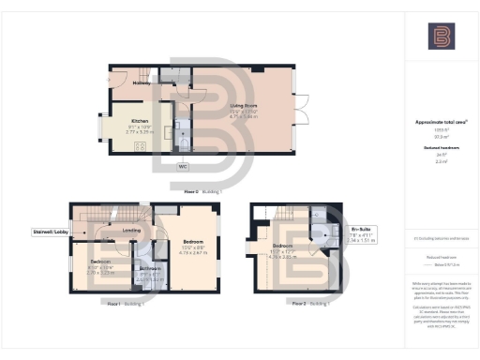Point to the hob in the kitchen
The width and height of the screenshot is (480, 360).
coord(141,144)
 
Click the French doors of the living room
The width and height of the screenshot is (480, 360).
coord(301,108)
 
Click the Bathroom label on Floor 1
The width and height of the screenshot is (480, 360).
coord(150,268)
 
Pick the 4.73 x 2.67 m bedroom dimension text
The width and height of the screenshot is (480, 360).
coord(192,253)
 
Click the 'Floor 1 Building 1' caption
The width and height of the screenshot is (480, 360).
coord(124,304)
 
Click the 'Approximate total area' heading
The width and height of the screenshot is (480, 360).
coord(441,123)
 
